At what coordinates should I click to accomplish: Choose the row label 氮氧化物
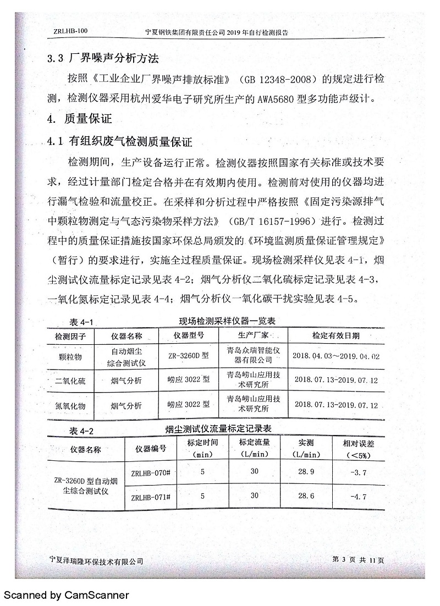(70, 405)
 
